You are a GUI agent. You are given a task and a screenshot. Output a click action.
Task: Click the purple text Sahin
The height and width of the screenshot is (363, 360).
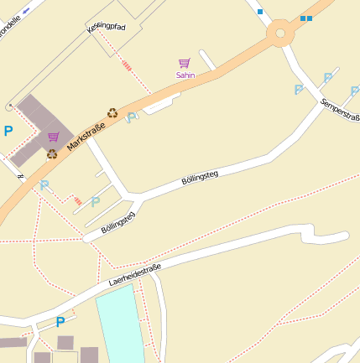click(x=185, y=75)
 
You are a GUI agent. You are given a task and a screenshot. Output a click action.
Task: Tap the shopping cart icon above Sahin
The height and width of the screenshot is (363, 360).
click(x=185, y=63)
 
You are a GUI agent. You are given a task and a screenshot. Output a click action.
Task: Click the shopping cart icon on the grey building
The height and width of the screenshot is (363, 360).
click(x=54, y=137)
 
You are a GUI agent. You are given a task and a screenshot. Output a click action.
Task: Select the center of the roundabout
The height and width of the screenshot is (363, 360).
click(x=280, y=34)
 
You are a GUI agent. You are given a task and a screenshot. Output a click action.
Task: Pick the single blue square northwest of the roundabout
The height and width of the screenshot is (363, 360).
click(x=260, y=12)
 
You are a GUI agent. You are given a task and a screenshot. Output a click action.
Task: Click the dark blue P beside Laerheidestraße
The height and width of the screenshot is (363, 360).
click(x=60, y=322)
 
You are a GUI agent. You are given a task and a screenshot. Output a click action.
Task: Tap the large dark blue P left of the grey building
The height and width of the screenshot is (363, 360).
click(x=8, y=131)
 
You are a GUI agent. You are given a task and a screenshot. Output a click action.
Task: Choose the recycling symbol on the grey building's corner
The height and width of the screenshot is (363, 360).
click(x=52, y=153)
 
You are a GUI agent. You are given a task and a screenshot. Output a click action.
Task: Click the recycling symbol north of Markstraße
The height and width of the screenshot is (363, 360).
click(x=112, y=112)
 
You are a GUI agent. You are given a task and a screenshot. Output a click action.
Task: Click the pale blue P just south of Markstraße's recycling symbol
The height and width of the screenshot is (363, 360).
click(x=131, y=118)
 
